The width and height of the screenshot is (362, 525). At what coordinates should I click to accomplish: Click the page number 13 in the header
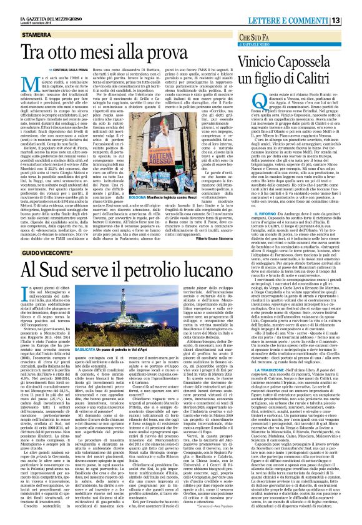(353, 21)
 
